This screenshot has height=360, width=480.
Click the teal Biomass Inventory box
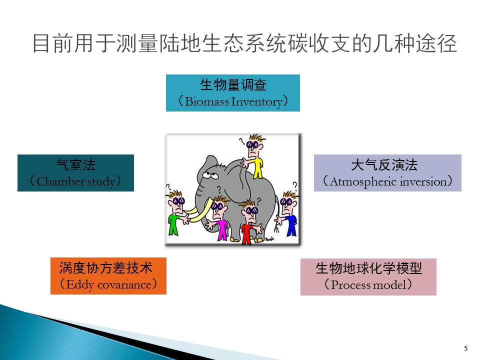click(x=232, y=93)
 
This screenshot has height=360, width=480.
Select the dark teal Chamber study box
click(x=75, y=173)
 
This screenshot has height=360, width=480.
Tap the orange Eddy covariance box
click(x=108, y=276)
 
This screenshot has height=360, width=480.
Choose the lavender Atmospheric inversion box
click(x=387, y=173)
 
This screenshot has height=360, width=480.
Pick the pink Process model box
click(x=368, y=276)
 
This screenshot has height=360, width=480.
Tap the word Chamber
click(x=60, y=181)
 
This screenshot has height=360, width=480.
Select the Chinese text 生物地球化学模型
click(x=368, y=268)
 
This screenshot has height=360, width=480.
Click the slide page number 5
click(x=466, y=348)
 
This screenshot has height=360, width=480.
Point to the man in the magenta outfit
click(x=219, y=218)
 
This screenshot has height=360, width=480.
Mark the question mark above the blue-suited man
click(x=294, y=185)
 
